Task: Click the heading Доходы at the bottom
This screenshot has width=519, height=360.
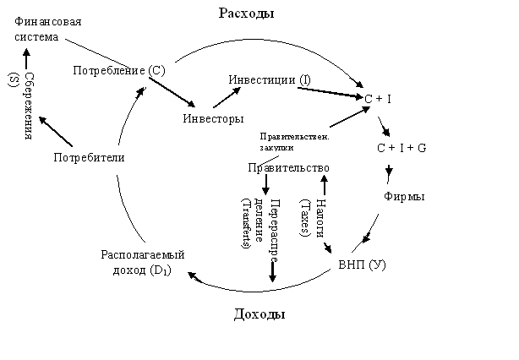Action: pyautogui.click(x=259, y=314)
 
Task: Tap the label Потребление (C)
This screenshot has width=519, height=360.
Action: pyautogui.click(x=118, y=69)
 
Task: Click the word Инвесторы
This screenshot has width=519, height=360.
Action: pyautogui.click(x=214, y=117)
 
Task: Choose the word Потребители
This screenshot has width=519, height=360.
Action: pyautogui.click(x=89, y=157)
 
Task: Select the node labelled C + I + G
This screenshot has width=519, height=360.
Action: pyautogui.click(x=401, y=147)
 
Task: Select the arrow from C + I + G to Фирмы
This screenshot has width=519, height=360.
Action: pyautogui.click(x=388, y=172)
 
